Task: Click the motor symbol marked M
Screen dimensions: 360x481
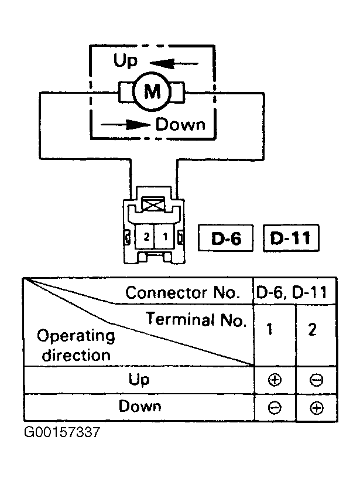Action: click(152, 91)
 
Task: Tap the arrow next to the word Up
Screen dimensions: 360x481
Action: click(174, 64)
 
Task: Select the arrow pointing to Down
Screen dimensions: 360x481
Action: click(126, 125)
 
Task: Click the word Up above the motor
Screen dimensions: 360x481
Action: click(125, 60)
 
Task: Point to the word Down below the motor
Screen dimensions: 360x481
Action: click(180, 125)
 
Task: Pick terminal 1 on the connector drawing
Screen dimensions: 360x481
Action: click(166, 237)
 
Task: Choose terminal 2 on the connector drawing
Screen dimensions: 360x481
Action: click(146, 237)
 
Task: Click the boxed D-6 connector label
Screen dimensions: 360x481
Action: click(226, 238)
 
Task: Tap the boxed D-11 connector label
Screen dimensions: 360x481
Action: click(291, 238)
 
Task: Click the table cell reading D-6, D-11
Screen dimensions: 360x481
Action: click(292, 292)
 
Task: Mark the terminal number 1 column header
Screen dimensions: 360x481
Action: click(270, 329)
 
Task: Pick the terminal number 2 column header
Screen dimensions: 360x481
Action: click(312, 329)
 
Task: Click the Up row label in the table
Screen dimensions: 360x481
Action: click(139, 380)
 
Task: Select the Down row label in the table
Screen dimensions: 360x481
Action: click(140, 406)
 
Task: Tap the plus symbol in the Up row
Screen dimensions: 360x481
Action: click(275, 380)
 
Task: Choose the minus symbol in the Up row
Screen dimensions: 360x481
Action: click(316, 380)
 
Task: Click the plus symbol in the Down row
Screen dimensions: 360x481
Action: click(317, 408)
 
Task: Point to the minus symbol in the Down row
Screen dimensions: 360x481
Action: click(275, 408)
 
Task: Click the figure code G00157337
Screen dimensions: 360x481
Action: click(62, 432)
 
